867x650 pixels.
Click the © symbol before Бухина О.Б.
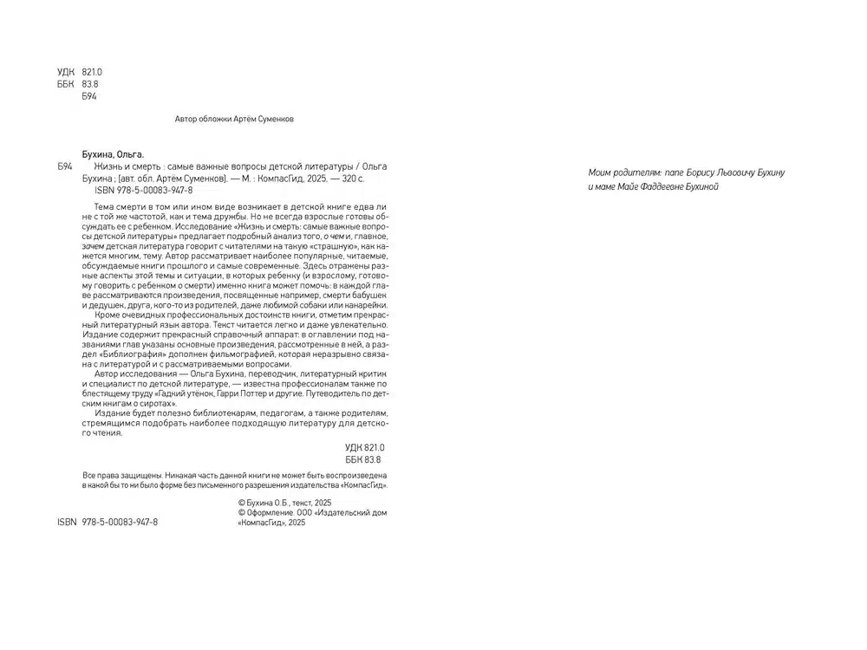pyautogui.click(x=241, y=503)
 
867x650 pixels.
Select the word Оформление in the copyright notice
pyautogui.click(x=271, y=512)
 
